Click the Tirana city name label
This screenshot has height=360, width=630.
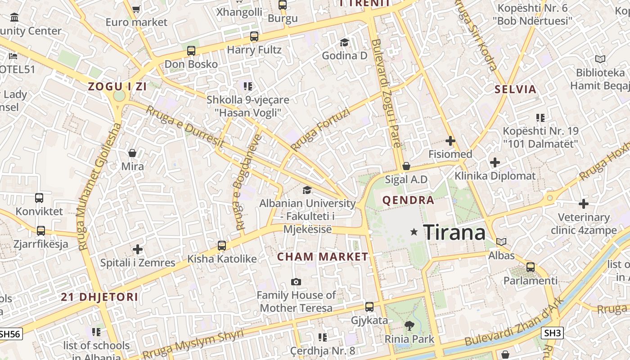pyautogui.click(x=454, y=232)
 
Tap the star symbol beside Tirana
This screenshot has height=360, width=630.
pyautogui.click(x=414, y=232)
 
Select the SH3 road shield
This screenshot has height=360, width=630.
pyautogui.click(x=552, y=333)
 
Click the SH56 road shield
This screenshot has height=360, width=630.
pyautogui.click(x=10, y=334)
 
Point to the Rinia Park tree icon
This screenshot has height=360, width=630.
pyautogui.click(x=409, y=325)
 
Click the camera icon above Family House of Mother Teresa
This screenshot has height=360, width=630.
pyautogui.click(x=296, y=282)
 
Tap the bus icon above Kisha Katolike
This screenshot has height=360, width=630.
pyautogui.click(x=221, y=245)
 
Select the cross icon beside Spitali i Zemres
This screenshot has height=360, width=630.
pyautogui.click(x=138, y=249)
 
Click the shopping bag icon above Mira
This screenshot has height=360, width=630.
pyautogui.click(x=132, y=153)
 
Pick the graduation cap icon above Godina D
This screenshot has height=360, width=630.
pyautogui.click(x=344, y=42)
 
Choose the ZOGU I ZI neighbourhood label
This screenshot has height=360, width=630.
pyautogui.click(x=117, y=87)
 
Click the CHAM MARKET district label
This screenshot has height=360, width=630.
pyautogui.click(x=322, y=257)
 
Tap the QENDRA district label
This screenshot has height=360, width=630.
pyautogui.click(x=408, y=200)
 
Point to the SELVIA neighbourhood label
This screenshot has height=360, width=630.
pyautogui.click(x=515, y=89)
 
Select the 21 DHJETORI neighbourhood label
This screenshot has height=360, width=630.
pyautogui.click(x=99, y=297)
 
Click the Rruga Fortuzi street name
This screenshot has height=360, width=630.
pyautogui.click(x=320, y=130)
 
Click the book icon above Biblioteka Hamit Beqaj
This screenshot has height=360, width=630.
pyautogui.click(x=600, y=59)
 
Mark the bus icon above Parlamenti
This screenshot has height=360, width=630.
pyautogui.click(x=531, y=267)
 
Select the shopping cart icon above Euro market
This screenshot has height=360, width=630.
pyautogui.click(x=136, y=9)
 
